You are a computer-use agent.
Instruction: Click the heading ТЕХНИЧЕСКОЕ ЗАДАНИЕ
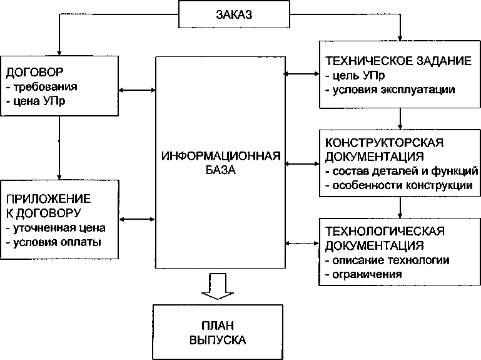(x=397, y=62)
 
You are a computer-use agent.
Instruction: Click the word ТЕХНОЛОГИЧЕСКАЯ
(x=385, y=230)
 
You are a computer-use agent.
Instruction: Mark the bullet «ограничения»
(x=363, y=274)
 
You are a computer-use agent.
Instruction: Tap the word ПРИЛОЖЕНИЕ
(x=48, y=198)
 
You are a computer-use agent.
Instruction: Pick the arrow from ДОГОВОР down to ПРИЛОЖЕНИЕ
(x=59, y=147)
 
